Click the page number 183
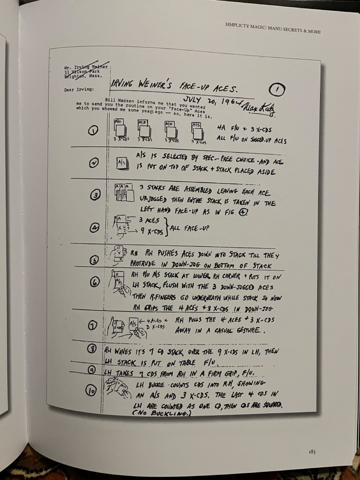312,452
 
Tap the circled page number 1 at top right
277,90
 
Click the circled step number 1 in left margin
93,130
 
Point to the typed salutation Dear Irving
79,89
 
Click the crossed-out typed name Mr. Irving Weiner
86,67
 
